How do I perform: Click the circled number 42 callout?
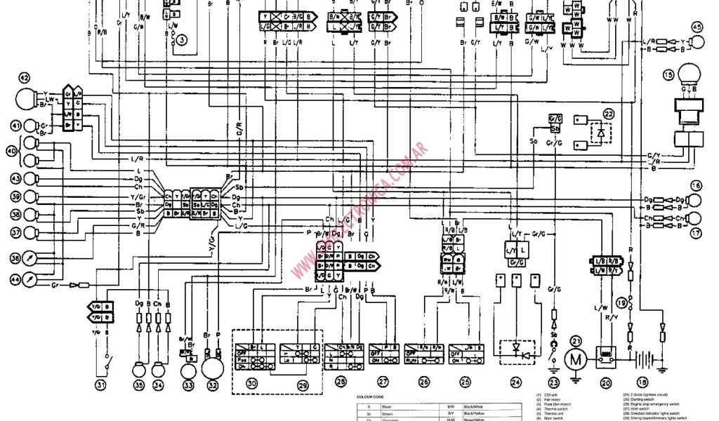(x=25, y=78)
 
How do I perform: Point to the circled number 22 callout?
(x=608, y=114)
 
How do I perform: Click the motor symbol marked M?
(x=576, y=359)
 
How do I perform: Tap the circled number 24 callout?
(x=517, y=382)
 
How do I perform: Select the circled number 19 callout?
(x=622, y=302)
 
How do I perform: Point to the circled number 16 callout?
(x=696, y=186)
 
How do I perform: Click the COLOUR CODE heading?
(x=371, y=396)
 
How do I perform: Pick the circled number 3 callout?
(x=181, y=41)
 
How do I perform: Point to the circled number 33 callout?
(x=188, y=384)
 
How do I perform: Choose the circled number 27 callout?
(x=383, y=382)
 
